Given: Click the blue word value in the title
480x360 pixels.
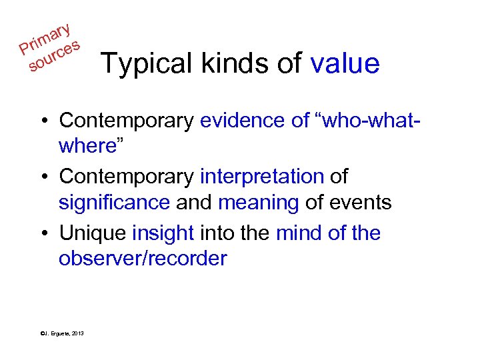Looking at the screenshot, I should click(x=345, y=63).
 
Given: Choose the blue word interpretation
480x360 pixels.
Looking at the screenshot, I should click(x=261, y=177).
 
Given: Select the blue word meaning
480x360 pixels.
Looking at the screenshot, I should click(x=258, y=202).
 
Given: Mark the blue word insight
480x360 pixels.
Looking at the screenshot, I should click(x=163, y=233).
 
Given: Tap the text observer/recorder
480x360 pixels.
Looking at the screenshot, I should click(x=143, y=259).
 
